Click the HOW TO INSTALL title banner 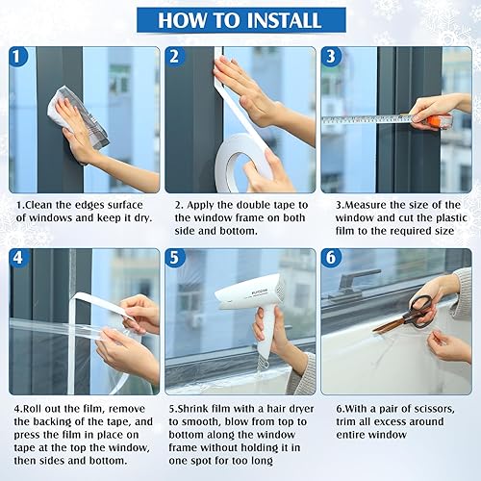pyautogui.click(x=240, y=19)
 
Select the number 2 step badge pyautogui.click(x=175, y=57)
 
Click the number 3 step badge pyautogui.click(x=330, y=57)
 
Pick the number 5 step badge pyautogui.click(x=175, y=259)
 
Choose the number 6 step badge pyautogui.click(x=330, y=259)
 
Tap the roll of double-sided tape pyautogui.click(x=241, y=159)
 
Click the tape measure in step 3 pyautogui.click(x=385, y=119)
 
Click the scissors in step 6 pyautogui.click(x=404, y=314)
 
